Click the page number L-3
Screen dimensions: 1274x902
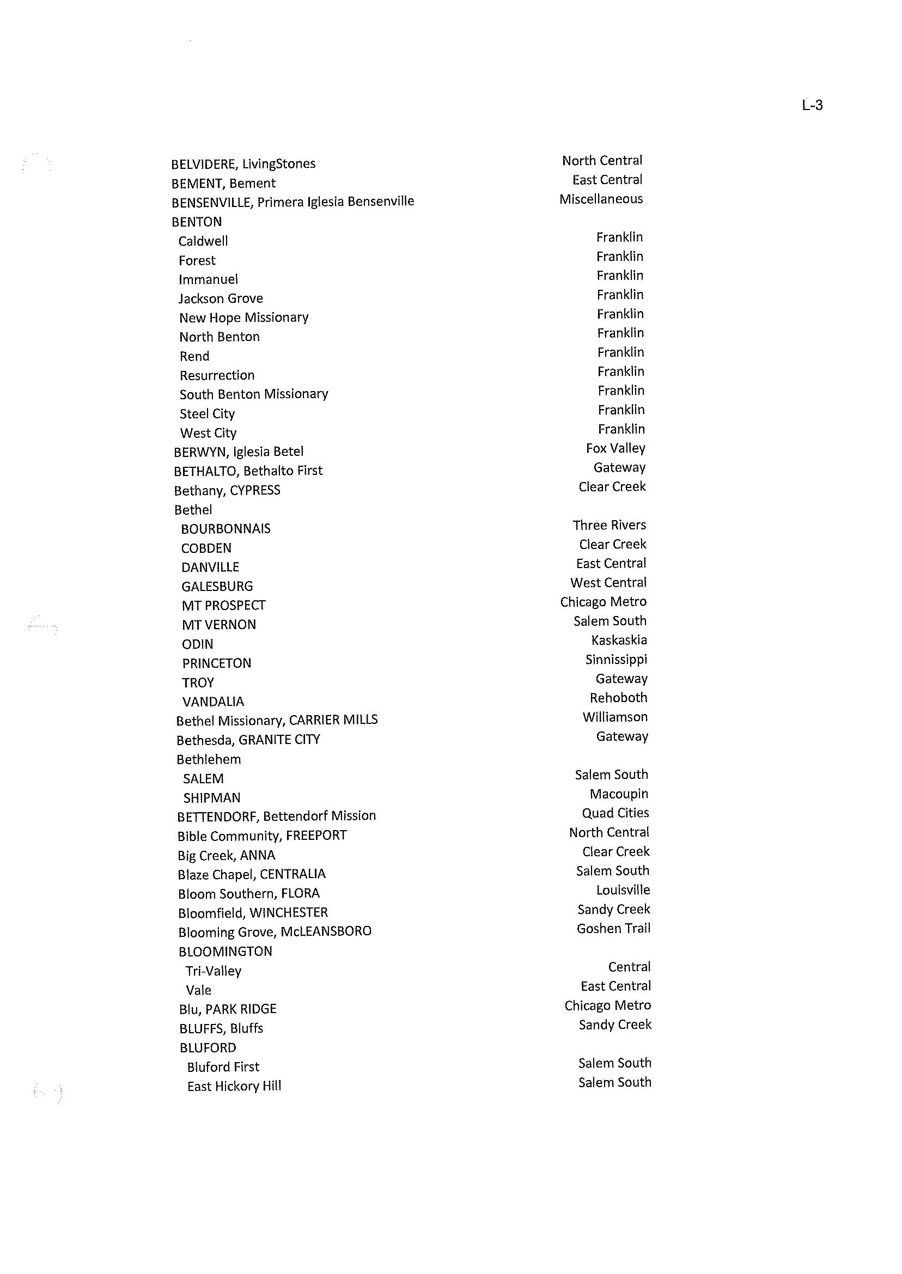click(812, 105)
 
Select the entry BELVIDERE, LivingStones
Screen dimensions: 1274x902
click(243, 164)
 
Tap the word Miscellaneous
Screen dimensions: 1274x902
click(601, 199)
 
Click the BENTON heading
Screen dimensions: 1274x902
click(197, 222)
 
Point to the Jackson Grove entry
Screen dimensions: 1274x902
click(221, 299)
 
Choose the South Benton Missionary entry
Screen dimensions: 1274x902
click(254, 394)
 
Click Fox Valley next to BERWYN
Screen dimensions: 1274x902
click(615, 448)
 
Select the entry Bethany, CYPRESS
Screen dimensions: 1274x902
click(227, 490)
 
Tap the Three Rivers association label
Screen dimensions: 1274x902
click(610, 526)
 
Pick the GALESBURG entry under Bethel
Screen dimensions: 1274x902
click(217, 587)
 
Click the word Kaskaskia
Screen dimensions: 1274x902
click(619, 641)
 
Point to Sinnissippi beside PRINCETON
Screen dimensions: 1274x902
click(616, 660)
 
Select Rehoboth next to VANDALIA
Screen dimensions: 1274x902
click(618, 698)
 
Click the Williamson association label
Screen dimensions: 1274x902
click(615, 717)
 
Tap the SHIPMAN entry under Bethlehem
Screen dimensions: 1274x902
click(212, 798)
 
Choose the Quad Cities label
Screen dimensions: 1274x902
click(615, 813)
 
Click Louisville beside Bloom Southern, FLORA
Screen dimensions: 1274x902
click(623, 890)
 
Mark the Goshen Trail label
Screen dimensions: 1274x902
click(613, 929)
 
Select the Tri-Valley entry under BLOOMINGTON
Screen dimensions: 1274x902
click(214, 971)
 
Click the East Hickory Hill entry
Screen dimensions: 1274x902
click(234, 1086)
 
